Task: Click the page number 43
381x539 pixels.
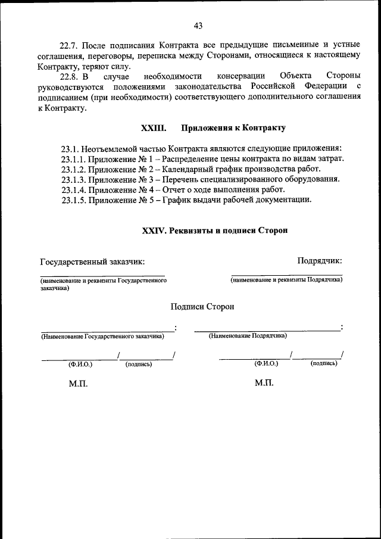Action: coord(198,25)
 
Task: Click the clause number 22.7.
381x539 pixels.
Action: coord(70,45)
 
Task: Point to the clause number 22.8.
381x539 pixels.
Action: coord(70,76)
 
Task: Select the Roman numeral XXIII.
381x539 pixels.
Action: coord(151,128)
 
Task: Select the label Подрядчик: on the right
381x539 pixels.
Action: coord(320,260)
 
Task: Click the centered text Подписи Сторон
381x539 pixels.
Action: coord(202,306)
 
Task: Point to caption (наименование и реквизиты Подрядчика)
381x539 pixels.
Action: coord(286,279)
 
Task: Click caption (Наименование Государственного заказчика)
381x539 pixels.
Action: coord(102,336)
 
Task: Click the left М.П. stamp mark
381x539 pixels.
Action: coord(78,384)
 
